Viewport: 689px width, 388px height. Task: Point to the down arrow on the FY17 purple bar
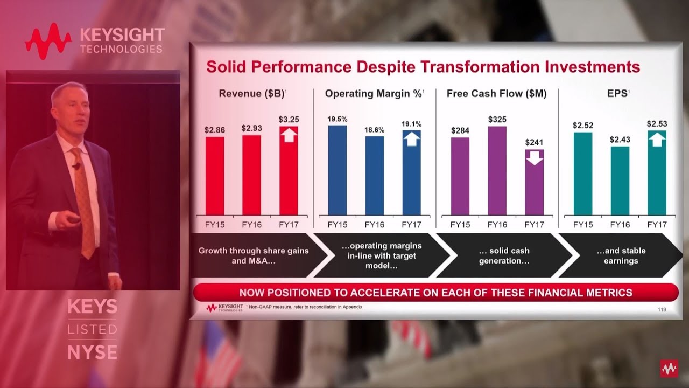click(x=534, y=158)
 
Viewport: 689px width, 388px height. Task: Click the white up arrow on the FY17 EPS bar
click(x=657, y=140)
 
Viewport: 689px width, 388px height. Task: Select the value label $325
click(x=497, y=119)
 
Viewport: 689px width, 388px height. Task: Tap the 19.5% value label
click(x=338, y=119)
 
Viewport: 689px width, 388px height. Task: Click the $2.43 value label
click(x=620, y=140)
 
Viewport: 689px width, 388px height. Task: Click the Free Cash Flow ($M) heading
click(x=496, y=94)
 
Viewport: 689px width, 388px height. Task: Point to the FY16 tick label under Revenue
click(x=251, y=224)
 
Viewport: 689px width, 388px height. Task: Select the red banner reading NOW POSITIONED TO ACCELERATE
click(x=435, y=293)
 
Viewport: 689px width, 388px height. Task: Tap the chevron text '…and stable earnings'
click(x=621, y=255)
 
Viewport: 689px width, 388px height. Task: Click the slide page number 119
click(x=662, y=309)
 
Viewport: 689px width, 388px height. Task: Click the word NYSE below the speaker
click(x=92, y=352)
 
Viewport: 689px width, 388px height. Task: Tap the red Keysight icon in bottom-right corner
click(x=669, y=369)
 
